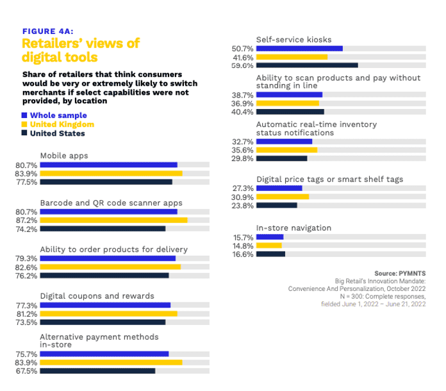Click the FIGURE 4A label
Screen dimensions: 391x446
(x=47, y=30)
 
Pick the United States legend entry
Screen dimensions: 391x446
(x=56, y=133)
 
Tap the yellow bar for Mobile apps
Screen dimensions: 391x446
(x=111, y=173)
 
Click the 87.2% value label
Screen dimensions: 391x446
(x=26, y=220)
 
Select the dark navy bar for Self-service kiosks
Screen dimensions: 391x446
(x=307, y=65)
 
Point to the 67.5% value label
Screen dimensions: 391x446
(x=26, y=370)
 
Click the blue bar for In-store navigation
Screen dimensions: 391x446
(x=270, y=237)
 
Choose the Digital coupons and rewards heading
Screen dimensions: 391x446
(x=97, y=296)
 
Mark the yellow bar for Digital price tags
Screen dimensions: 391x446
(x=283, y=197)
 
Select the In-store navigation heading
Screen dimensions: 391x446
(x=293, y=228)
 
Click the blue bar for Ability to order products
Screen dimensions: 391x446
(x=108, y=258)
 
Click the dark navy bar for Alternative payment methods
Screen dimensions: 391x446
(x=97, y=370)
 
